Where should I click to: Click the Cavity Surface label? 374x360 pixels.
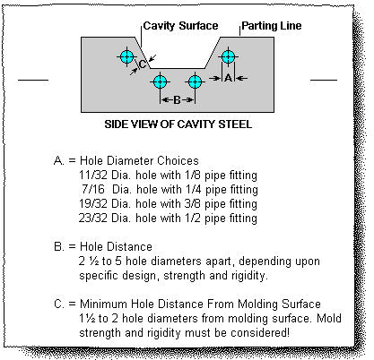click(x=180, y=26)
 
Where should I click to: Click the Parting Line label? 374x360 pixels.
click(x=272, y=26)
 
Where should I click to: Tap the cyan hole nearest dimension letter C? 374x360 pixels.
click(x=127, y=56)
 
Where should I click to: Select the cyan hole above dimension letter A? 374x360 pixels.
click(x=228, y=56)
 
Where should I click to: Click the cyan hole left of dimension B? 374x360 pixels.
click(x=161, y=81)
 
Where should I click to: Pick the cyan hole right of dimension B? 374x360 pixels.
click(x=195, y=81)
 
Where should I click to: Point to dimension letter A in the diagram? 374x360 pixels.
click(x=228, y=78)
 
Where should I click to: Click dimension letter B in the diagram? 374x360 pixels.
click(x=177, y=100)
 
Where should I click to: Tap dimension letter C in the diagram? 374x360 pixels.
click(x=143, y=64)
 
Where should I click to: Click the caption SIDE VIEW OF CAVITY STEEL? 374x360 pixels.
click(x=178, y=124)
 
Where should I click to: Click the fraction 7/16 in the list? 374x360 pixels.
click(x=93, y=189)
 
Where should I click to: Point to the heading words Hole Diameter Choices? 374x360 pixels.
click(x=139, y=160)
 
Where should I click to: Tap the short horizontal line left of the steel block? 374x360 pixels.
click(x=33, y=80)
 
